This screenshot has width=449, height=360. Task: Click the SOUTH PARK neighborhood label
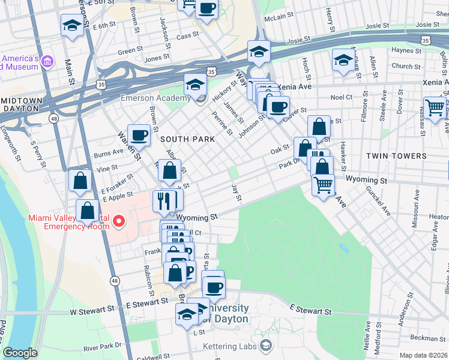pos(187,139)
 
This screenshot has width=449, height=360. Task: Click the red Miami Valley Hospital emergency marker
pos(119,222)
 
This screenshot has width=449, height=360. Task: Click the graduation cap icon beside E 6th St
pos(72,26)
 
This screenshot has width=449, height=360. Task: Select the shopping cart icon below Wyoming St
pos(323,184)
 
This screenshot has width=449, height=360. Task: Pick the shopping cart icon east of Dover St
pos(435,107)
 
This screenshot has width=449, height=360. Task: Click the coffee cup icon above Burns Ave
pos(139,135)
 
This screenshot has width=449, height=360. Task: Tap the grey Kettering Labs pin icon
pos(266,346)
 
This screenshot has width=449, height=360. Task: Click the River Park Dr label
pos(103,347)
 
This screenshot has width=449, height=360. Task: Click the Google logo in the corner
pos(20,353)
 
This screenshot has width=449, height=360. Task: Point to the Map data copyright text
pos(423,355)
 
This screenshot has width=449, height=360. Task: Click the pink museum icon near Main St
pos(47,62)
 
